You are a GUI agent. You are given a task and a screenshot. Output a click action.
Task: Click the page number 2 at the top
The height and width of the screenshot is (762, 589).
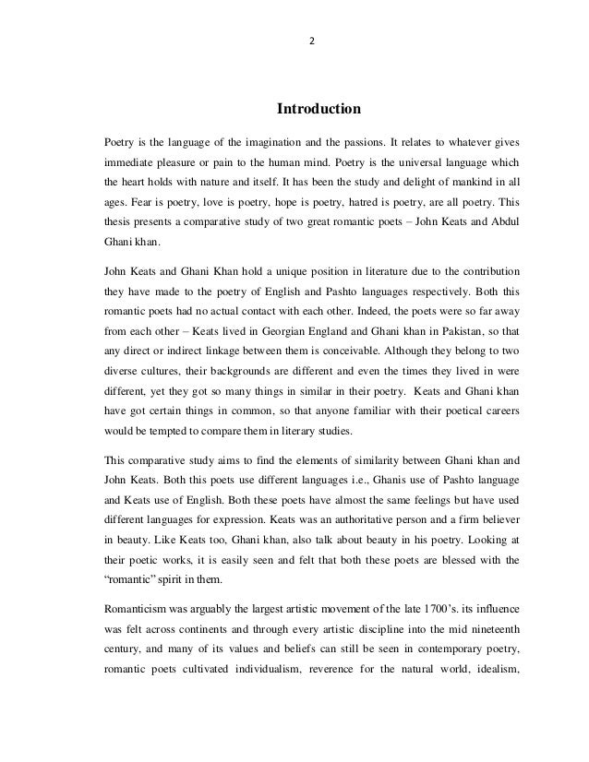tap(313, 41)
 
